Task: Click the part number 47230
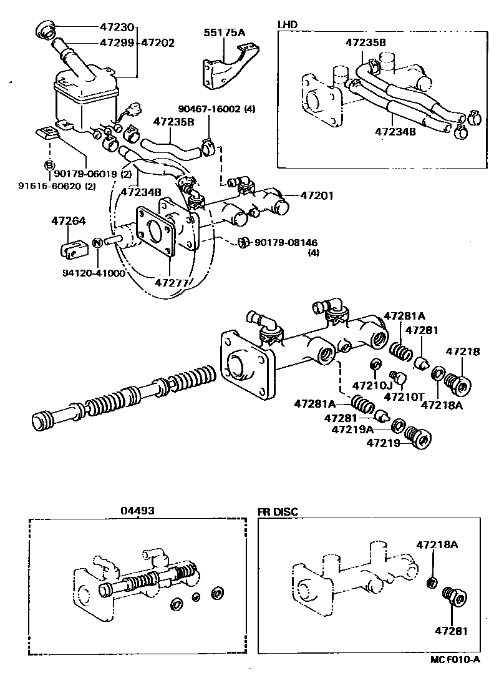tap(117, 27)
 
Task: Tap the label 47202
tap(157, 43)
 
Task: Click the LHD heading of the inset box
tap(288, 24)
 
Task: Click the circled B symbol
tap(48, 165)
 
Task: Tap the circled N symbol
tap(97, 242)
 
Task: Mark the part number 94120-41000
tap(93, 273)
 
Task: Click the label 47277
tap(171, 282)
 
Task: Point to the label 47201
tap(317, 195)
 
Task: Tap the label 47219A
tap(352, 429)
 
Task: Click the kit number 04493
tap(137, 511)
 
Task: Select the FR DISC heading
tap(278, 512)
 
